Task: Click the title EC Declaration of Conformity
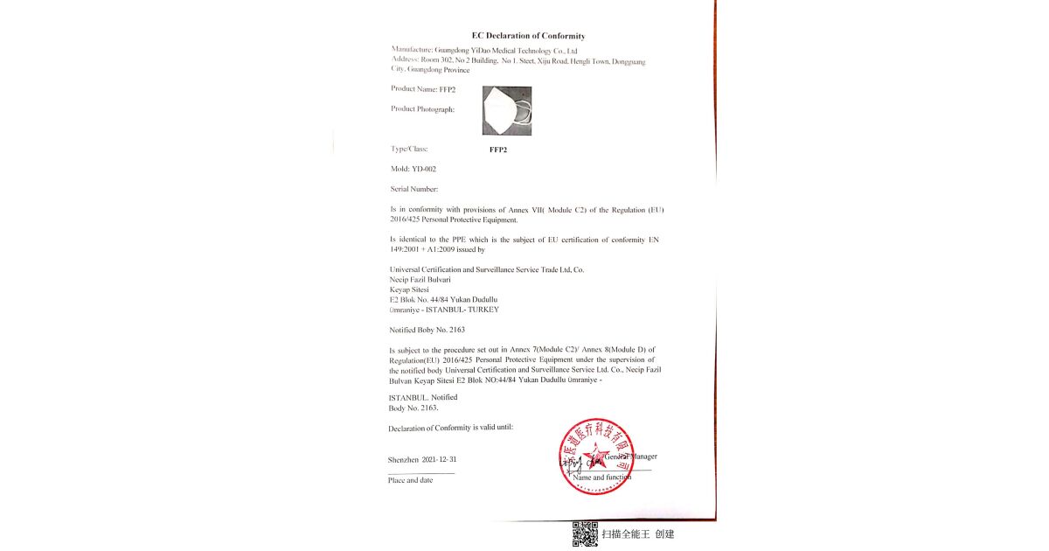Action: pyautogui.click(x=528, y=36)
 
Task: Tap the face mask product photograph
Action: pyautogui.click(x=507, y=110)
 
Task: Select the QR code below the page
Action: pyautogui.click(x=585, y=534)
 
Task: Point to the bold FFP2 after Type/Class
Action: pyautogui.click(x=498, y=150)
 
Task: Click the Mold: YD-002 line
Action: pyautogui.click(x=413, y=169)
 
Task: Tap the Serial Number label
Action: pyautogui.click(x=414, y=189)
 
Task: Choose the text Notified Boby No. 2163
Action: pyautogui.click(x=427, y=330)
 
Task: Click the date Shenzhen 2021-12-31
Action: pyautogui.click(x=422, y=459)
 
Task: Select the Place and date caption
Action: pyautogui.click(x=410, y=480)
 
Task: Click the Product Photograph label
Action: pyautogui.click(x=423, y=109)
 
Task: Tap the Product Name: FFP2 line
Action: pyautogui.click(x=423, y=89)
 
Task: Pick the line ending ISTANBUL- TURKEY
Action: pyautogui.click(x=444, y=310)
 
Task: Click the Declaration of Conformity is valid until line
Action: pyautogui.click(x=450, y=429)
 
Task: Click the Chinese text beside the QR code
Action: pyautogui.click(x=637, y=534)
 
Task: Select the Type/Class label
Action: pyautogui.click(x=409, y=149)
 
